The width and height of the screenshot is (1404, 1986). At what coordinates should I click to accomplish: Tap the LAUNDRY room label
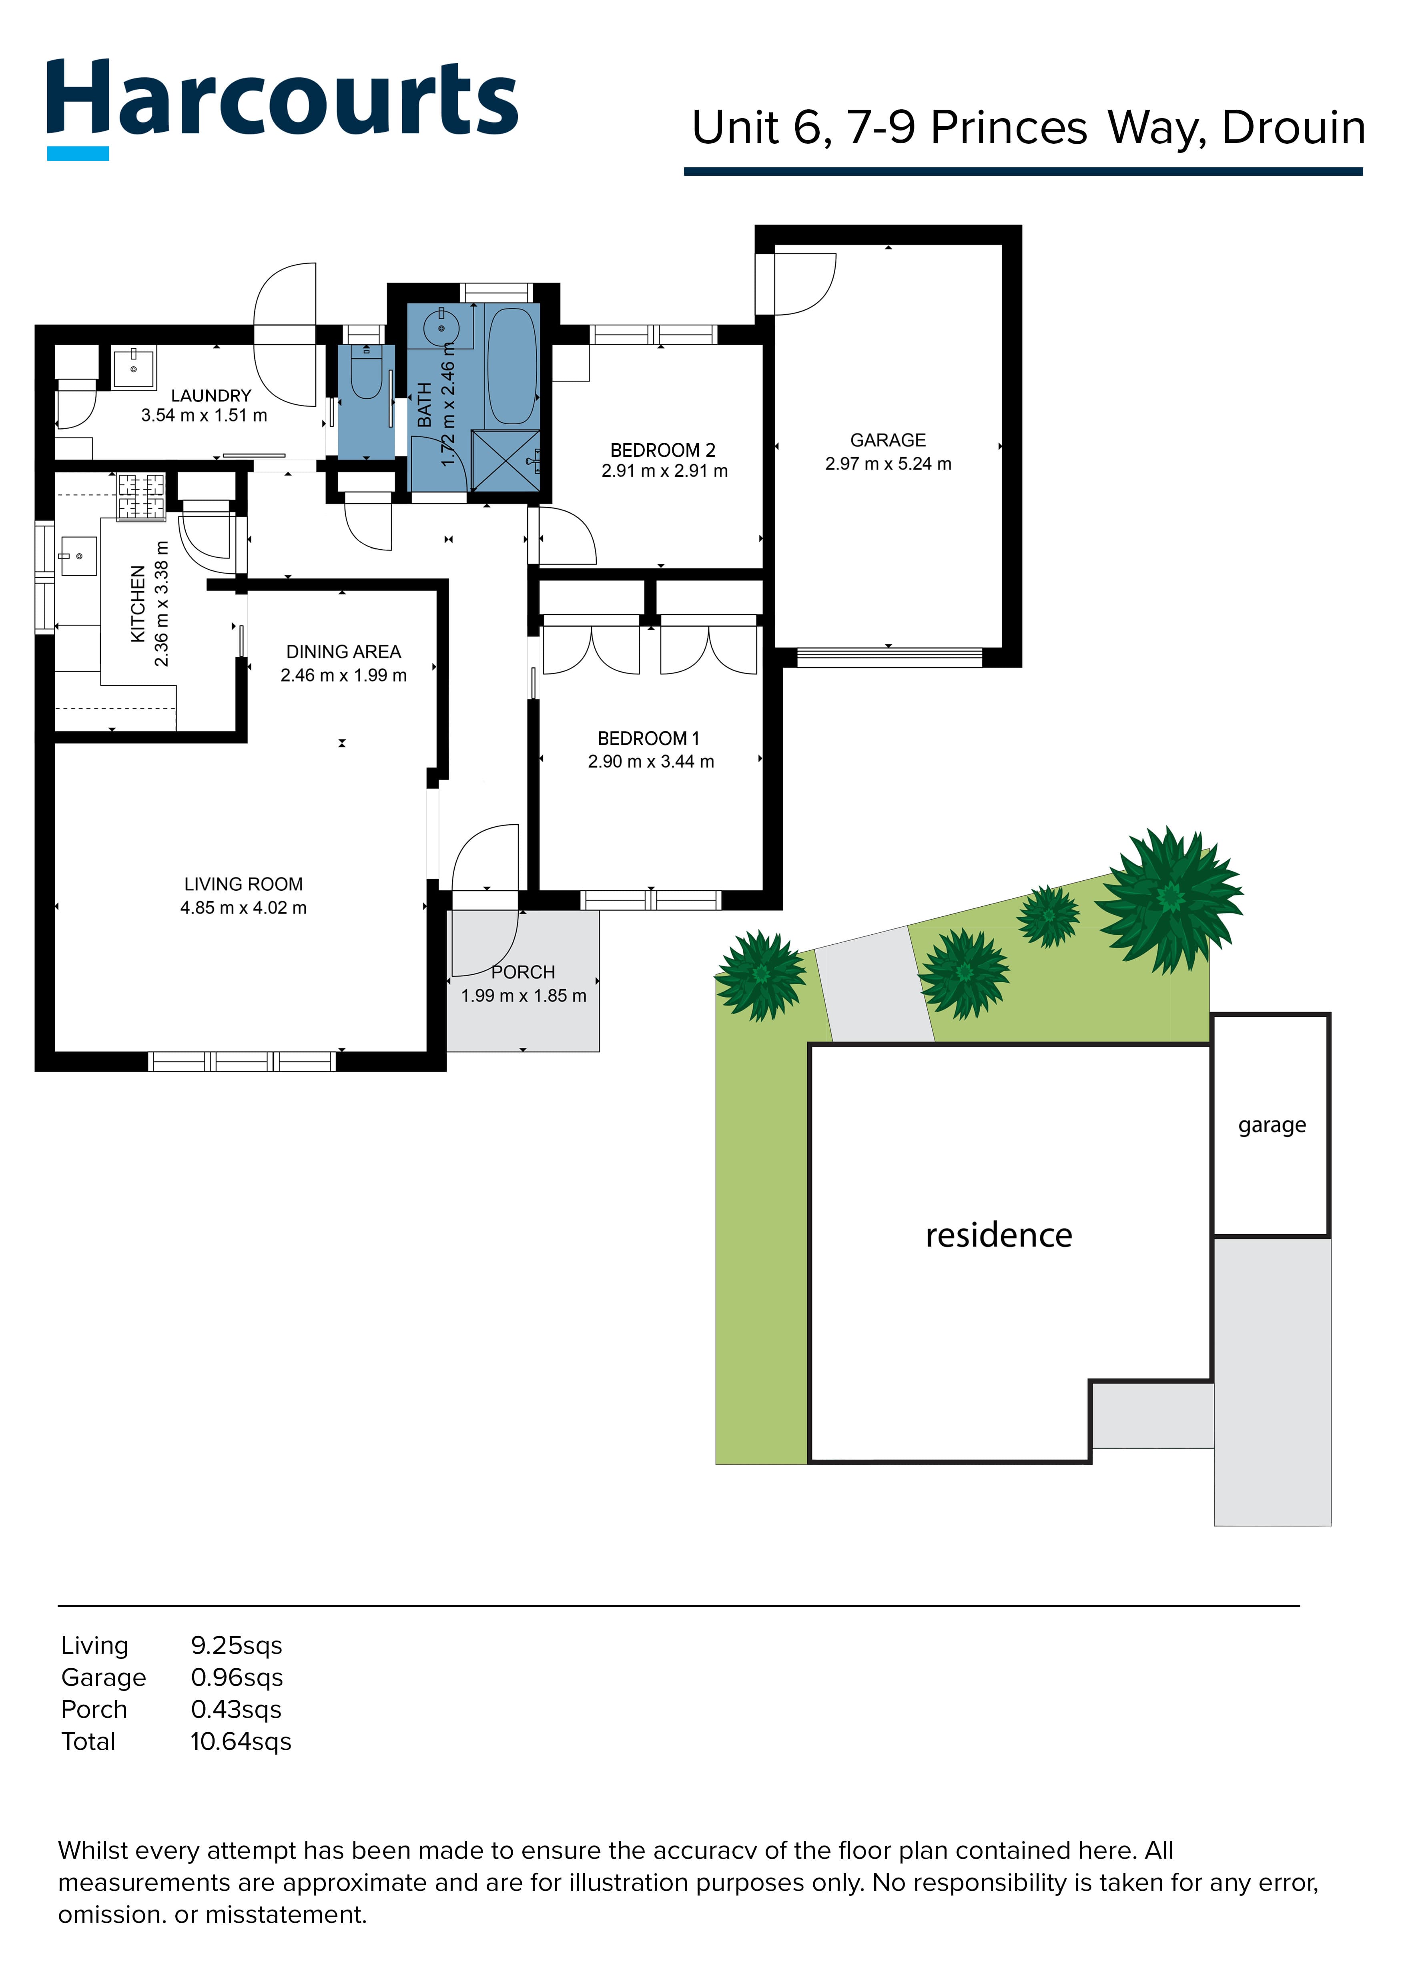211,395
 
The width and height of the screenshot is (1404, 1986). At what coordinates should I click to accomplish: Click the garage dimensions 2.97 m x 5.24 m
888,464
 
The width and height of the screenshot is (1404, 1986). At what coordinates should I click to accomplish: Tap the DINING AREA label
343,651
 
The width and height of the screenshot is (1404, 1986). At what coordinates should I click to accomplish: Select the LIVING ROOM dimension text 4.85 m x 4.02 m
243,908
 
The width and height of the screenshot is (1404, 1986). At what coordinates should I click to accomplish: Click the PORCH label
523,972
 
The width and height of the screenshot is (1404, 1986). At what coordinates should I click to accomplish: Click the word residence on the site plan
999,1235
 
